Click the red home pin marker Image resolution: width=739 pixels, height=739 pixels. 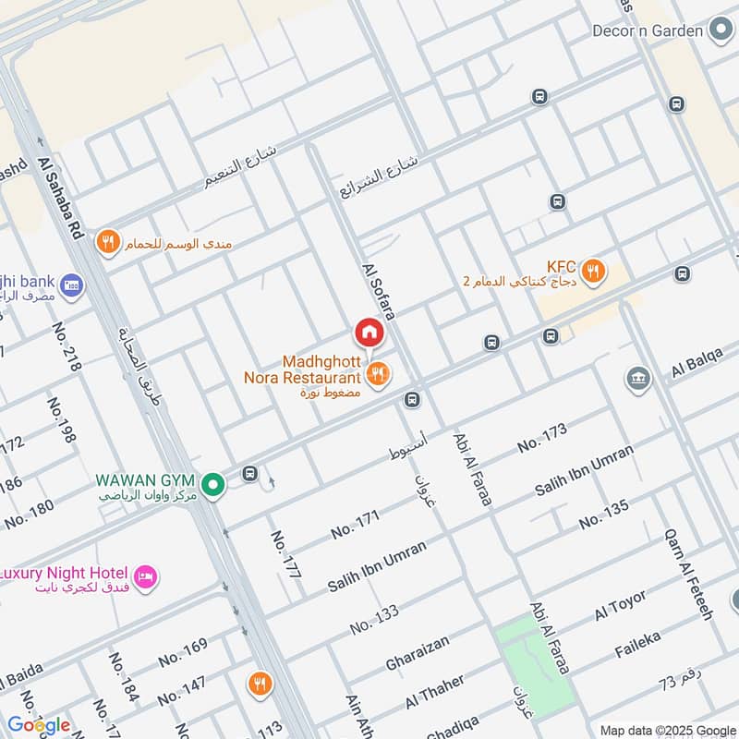[368, 332]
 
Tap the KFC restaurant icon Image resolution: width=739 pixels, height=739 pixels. [594, 272]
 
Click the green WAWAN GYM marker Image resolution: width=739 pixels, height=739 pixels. [213, 484]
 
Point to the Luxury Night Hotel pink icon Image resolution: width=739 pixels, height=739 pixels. [145, 577]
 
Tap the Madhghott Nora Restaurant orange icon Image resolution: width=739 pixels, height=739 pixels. [377, 374]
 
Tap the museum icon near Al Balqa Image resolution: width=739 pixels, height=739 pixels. [637, 378]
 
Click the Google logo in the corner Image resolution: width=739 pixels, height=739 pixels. [38, 724]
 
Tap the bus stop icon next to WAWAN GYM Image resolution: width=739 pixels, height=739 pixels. [249, 474]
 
